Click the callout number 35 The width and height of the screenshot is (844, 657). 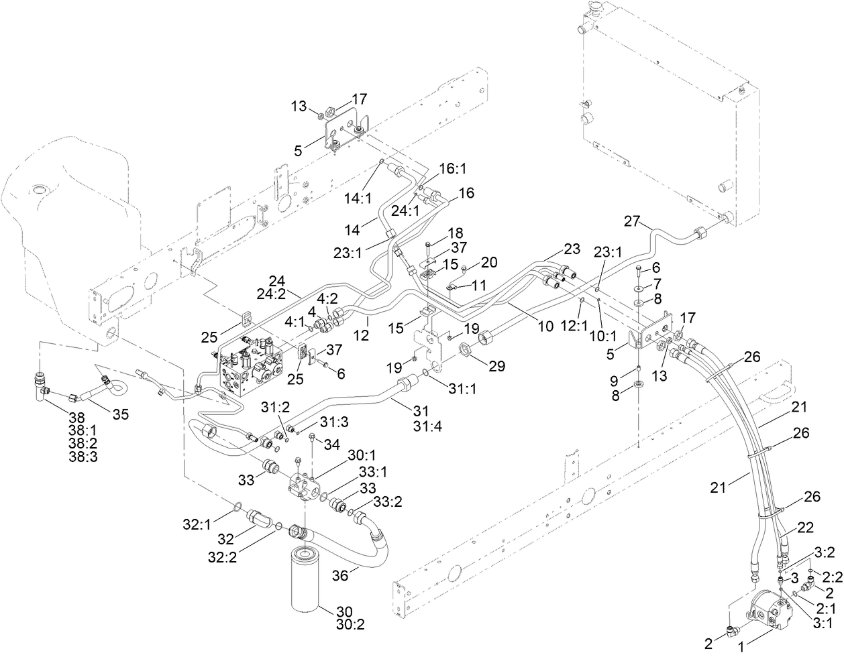pos(120,414)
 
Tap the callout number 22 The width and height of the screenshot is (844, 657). pos(804,529)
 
